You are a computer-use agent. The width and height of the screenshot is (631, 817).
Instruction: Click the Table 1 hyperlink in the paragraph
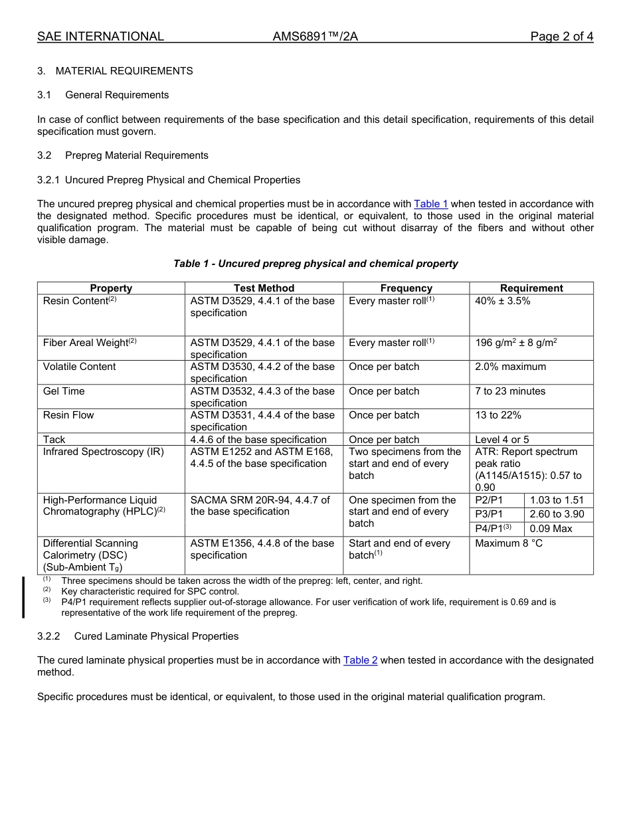430,204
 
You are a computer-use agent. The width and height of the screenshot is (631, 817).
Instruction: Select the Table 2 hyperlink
360,660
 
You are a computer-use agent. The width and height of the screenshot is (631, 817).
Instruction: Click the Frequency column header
406,288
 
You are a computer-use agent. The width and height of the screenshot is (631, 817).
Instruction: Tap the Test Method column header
264,288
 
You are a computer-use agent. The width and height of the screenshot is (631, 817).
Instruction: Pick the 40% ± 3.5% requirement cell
502,301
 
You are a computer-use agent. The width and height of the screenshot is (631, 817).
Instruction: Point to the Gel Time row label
64,391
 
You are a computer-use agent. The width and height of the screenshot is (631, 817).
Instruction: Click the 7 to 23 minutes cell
510,391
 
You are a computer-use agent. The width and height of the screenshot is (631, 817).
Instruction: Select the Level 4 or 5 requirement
502,440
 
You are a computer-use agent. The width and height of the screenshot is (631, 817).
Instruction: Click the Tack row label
54,440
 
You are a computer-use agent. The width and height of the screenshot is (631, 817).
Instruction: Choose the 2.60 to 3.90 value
557,514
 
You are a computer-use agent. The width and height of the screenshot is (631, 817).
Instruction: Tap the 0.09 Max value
551,529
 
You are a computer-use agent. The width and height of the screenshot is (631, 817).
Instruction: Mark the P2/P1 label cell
489,500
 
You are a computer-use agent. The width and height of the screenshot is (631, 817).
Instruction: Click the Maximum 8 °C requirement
509,543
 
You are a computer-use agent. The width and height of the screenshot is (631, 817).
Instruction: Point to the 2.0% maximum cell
510,367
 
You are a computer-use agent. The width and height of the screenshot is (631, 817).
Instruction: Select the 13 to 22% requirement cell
498,415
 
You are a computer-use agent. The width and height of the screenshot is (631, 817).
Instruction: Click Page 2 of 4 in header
561,37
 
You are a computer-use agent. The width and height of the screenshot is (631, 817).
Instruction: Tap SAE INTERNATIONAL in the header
100,37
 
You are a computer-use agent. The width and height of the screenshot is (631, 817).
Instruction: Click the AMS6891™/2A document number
315,37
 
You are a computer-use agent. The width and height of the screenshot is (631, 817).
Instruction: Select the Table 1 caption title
315,264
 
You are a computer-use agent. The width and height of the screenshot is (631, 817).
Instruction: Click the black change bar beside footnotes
24,597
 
